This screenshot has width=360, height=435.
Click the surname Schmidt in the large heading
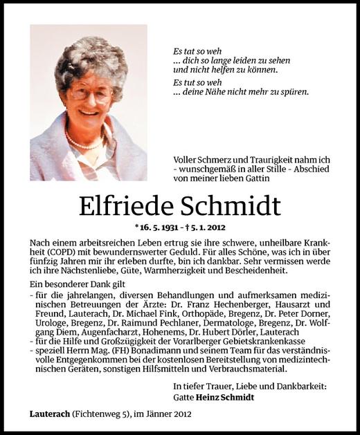click(x=235, y=206)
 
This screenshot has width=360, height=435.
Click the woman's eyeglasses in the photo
click(x=91, y=93)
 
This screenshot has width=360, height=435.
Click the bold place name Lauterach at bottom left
click(x=52, y=414)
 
